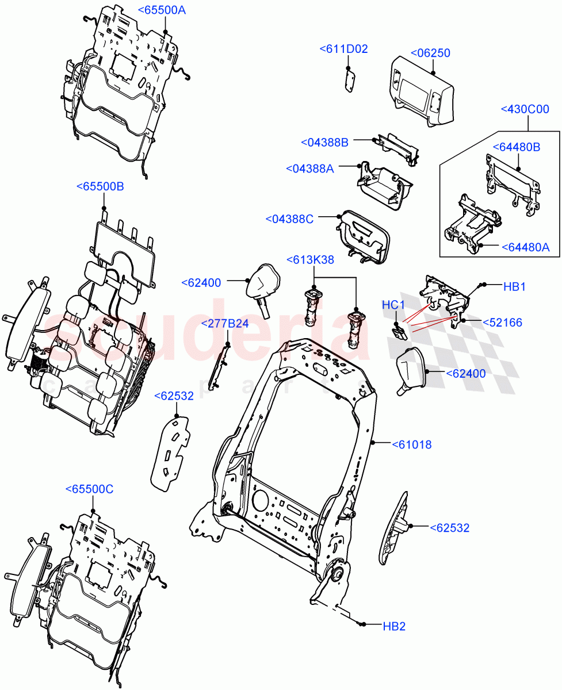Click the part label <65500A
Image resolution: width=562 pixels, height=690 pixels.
click(x=162, y=10)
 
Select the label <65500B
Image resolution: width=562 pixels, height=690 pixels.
click(x=100, y=187)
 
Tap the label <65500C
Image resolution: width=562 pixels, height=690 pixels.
click(x=89, y=489)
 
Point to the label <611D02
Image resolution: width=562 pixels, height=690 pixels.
click(x=343, y=49)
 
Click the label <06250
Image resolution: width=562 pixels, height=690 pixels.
click(x=430, y=53)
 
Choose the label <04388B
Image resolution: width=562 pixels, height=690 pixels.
click(x=324, y=142)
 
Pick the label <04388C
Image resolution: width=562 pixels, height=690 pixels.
click(x=289, y=219)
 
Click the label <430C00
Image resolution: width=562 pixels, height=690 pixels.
click(x=525, y=109)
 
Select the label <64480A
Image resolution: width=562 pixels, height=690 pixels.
click(x=526, y=247)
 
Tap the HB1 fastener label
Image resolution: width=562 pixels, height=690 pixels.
click(x=515, y=286)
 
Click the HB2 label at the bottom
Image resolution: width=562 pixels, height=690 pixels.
click(x=394, y=626)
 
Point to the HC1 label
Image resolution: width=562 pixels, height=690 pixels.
click(x=394, y=305)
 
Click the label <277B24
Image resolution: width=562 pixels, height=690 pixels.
click(x=225, y=324)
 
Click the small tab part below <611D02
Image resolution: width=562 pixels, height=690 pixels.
click(x=350, y=79)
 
